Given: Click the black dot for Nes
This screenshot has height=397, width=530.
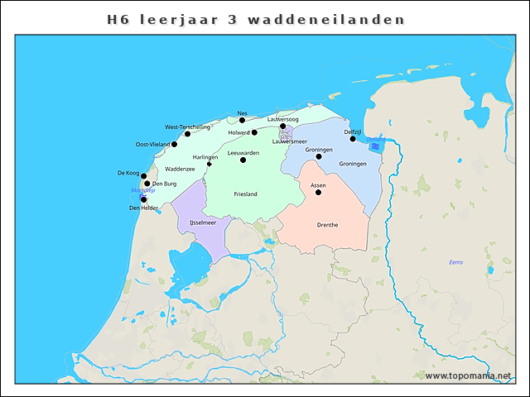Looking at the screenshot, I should (x=242, y=120).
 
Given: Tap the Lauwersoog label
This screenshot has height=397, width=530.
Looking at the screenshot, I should (x=282, y=119).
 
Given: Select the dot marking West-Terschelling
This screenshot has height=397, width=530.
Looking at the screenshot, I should (x=187, y=133).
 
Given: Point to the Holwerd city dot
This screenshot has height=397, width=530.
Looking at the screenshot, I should (x=254, y=132).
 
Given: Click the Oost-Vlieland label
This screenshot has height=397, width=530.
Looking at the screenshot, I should (x=152, y=145).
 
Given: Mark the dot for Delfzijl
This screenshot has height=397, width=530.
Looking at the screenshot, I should (x=353, y=139).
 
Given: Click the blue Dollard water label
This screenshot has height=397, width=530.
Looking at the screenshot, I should (x=375, y=139).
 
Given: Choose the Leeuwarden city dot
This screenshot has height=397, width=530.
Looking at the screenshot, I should (x=243, y=160).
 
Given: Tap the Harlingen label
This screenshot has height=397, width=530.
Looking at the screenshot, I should (x=205, y=157).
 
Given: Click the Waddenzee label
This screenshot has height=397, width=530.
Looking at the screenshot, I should (x=180, y=169).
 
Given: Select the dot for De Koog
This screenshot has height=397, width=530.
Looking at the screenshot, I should (x=143, y=176).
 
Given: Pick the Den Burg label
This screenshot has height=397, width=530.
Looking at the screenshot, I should (x=164, y=184).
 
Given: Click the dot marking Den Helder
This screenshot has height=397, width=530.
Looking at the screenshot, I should (x=143, y=199).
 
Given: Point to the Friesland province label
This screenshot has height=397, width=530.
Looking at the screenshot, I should (x=245, y=194).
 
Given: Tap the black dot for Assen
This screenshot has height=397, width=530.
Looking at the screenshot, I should (x=318, y=192).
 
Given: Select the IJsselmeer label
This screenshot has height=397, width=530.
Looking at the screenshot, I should (x=203, y=222).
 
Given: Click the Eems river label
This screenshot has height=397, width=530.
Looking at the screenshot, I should (x=456, y=262).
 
